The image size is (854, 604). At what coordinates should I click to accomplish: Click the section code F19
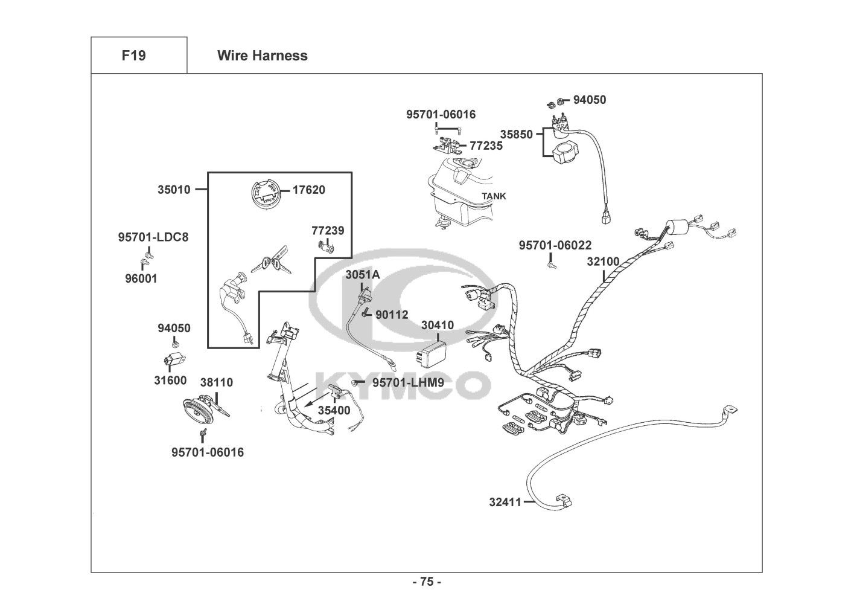pos(133,56)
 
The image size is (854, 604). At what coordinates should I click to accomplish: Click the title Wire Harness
pos(262,56)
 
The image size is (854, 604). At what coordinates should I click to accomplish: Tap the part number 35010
pos(174,190)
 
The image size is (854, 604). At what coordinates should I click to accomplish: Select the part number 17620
pos(308,190)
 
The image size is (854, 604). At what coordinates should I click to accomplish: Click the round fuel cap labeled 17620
pos(266,194)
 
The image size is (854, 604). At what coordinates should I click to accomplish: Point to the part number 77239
pos(328,231)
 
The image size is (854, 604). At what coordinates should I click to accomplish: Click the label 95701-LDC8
pos(153,237)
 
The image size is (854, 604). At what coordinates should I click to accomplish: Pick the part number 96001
pos(141,278)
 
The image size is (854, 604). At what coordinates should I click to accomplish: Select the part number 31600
pos(170,381)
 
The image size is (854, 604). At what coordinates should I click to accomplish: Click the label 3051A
pos(362,275)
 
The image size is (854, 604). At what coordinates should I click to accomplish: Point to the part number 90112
pos(392,315)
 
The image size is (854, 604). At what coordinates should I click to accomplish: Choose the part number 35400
pos(334,410)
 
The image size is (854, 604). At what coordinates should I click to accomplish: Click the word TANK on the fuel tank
pos(494,196)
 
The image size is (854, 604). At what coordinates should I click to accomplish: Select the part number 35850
pos(516,134)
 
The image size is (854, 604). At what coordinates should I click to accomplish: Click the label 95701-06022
pos(555,245)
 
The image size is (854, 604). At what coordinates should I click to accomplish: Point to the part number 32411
pos(505,501)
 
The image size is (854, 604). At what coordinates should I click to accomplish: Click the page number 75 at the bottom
pos(427,582)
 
